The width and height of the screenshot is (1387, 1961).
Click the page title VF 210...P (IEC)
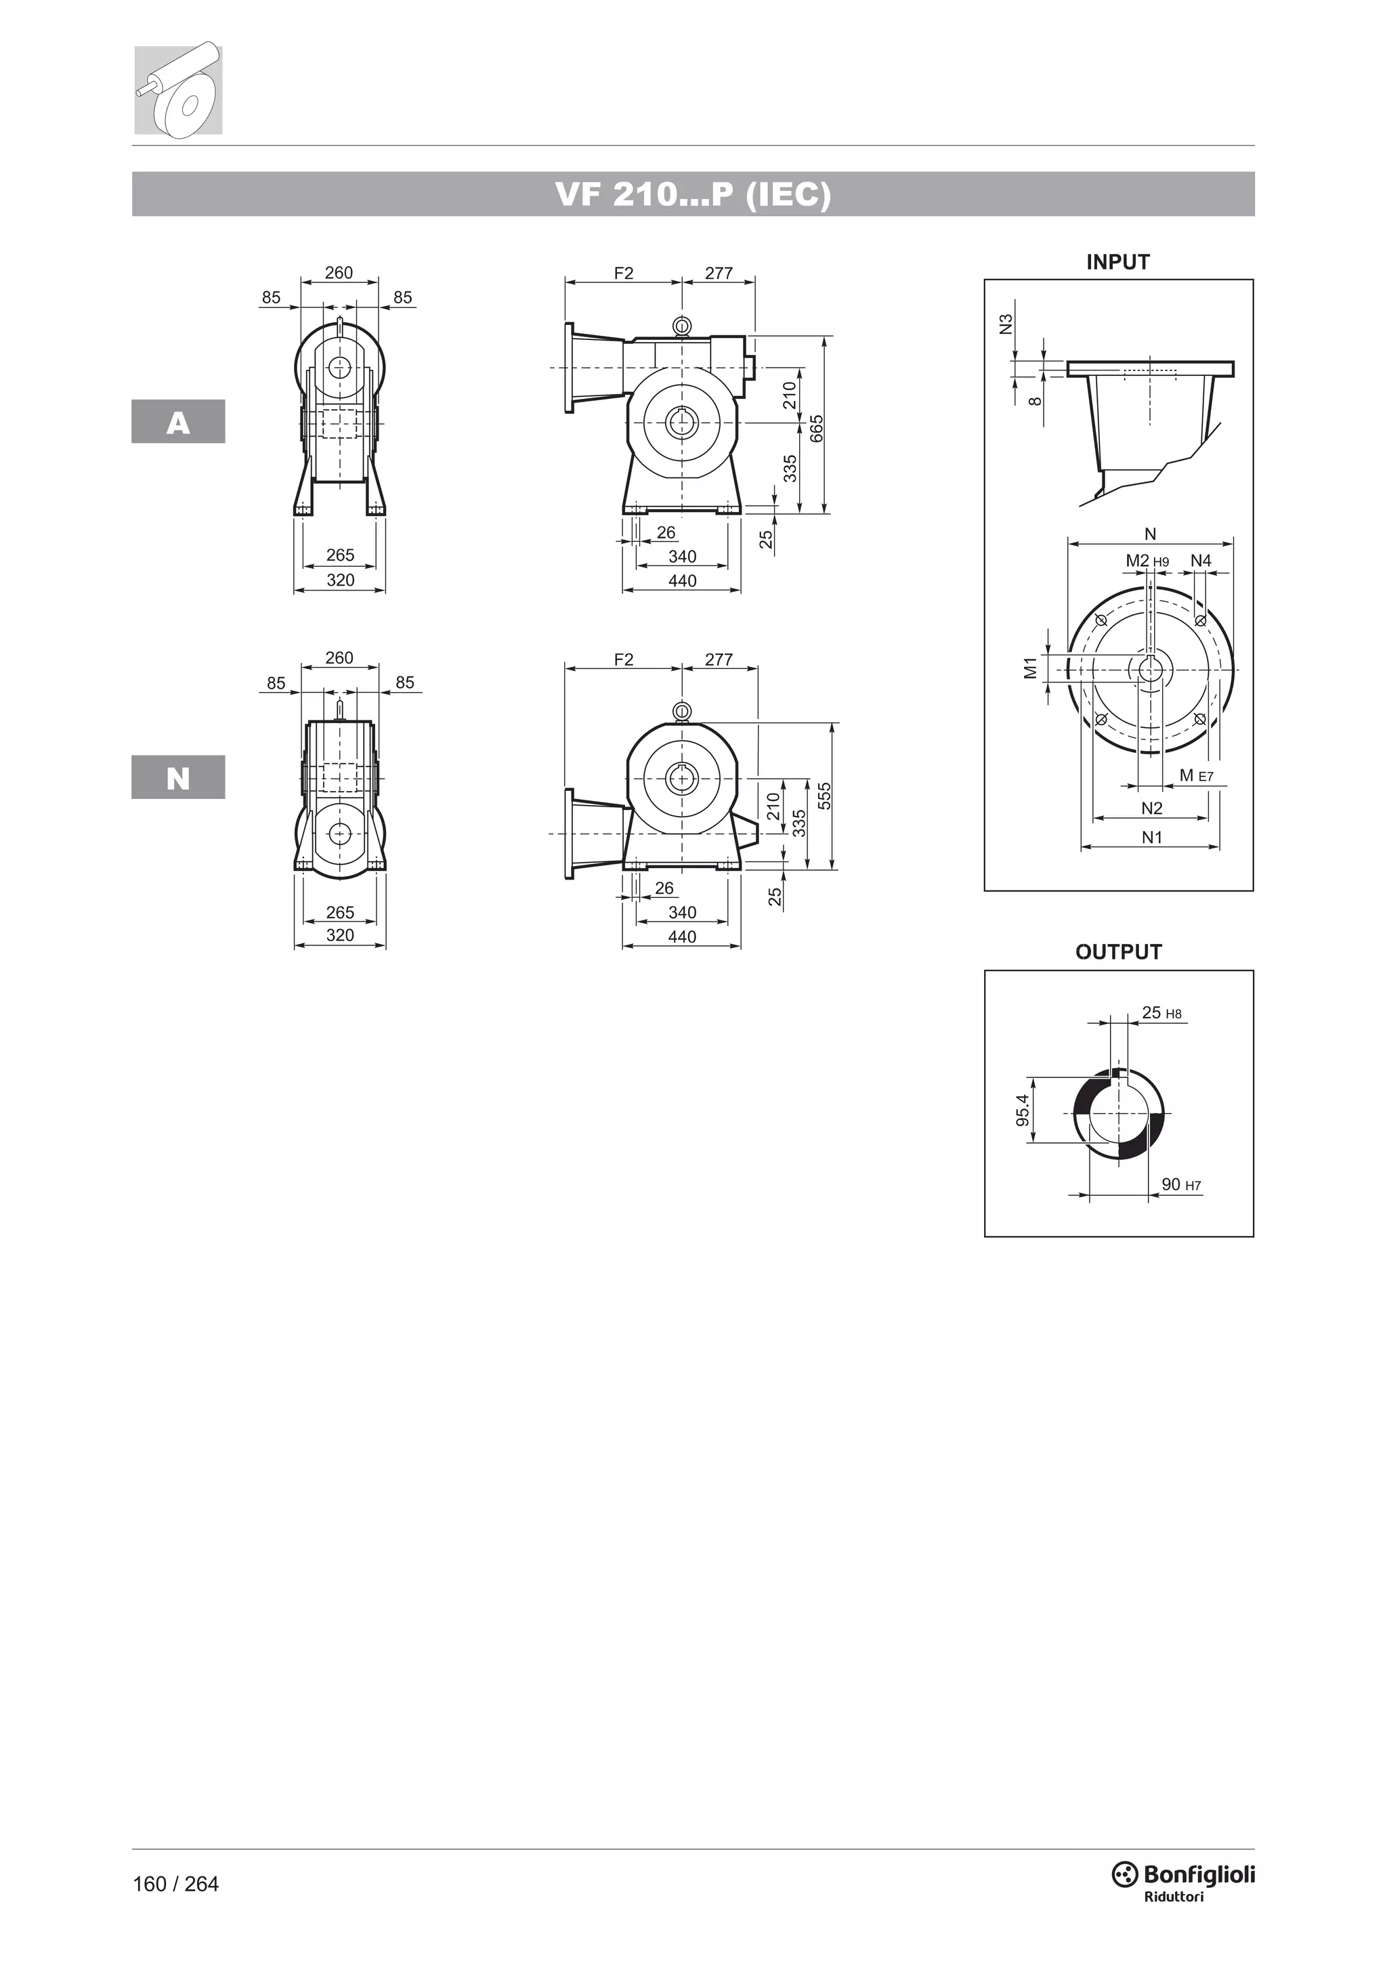693,195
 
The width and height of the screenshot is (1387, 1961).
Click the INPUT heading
1118,262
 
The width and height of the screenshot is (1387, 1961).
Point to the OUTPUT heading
1118,951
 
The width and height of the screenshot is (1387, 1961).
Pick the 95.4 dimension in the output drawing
1023,1111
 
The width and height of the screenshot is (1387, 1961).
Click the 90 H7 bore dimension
1181,1184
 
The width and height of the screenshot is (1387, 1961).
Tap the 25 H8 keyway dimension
1161,1013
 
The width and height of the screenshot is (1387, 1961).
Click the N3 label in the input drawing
1006,324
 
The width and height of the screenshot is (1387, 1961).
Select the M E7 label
1196,775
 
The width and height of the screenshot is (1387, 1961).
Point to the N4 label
1201,560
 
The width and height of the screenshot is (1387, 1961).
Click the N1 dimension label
1152,838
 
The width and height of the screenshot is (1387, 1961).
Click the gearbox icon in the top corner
179,89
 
